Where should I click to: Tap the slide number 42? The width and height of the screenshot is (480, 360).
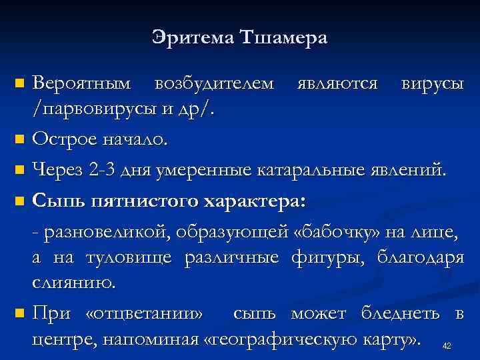[x=447, y=345]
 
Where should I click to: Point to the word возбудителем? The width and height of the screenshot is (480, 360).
[x=213, y=85]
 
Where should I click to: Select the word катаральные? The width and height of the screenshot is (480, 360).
[x=313, y=170]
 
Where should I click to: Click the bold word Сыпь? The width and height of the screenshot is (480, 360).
[x=57, y=200]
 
